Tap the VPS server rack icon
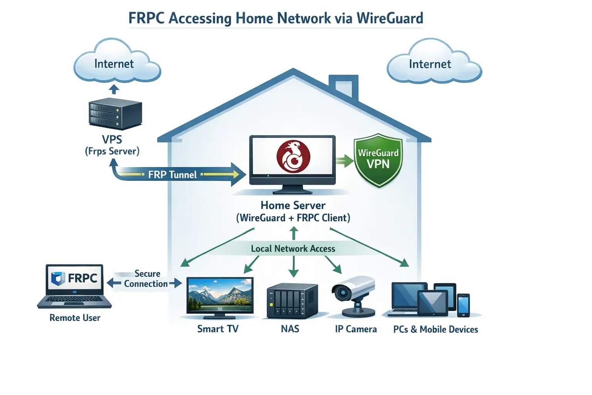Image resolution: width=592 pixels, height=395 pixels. point(115,114)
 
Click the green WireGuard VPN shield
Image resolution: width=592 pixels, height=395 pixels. point(378,160)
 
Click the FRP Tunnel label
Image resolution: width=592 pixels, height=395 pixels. point(172,175)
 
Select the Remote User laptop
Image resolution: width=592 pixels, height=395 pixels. point(75,285)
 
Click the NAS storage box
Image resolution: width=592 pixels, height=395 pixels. point(293,301)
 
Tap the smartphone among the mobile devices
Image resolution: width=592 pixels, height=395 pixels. point(463,305)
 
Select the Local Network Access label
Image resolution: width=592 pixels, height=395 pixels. point(293,249)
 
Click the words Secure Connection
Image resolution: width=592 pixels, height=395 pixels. point(146,279)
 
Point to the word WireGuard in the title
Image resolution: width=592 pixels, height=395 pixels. point(390,18)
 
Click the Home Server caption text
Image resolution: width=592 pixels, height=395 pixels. point(293,205)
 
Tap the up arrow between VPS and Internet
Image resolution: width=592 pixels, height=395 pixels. point(114,89)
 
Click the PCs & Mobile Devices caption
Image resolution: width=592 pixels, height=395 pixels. point(436,329)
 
